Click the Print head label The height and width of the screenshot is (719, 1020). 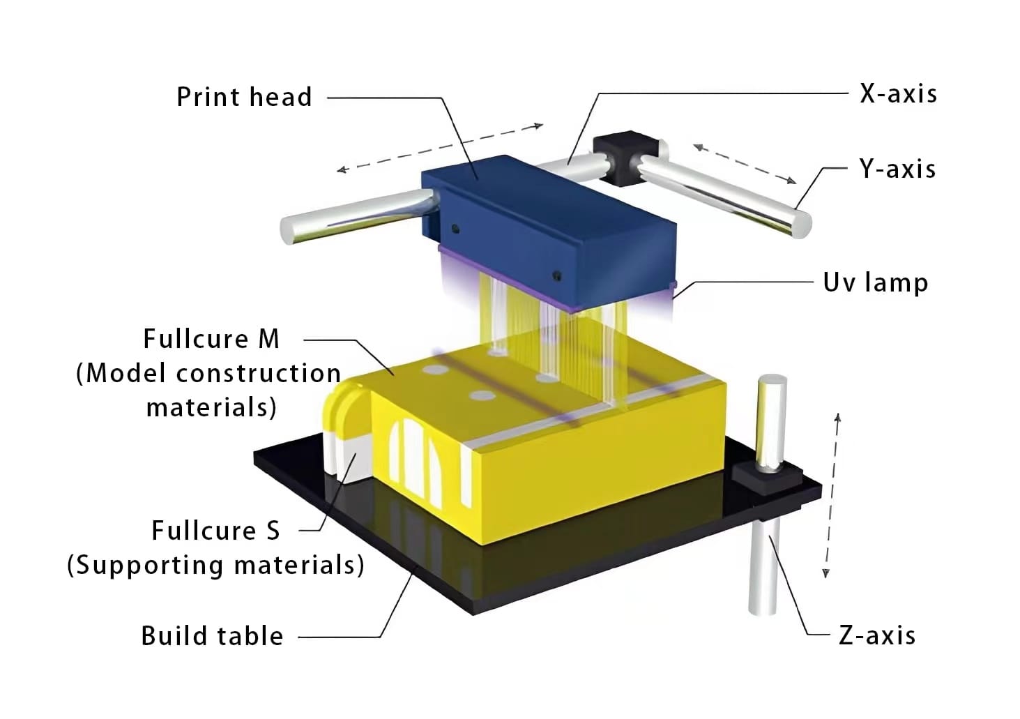tap(243, 97)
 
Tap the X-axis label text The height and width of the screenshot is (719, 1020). tap(898, 93)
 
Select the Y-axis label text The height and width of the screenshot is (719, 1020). tap(897, 169)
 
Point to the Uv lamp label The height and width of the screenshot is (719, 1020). tap(875, 282)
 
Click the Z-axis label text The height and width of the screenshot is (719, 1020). tap(877, 635)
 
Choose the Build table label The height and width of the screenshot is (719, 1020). tap(212, 636)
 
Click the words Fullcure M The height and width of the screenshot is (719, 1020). tap(211, 339)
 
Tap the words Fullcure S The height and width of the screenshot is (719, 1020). tap(215, 531)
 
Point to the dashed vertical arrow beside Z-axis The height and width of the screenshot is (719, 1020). tap(832, 495)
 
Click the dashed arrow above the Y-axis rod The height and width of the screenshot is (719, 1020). tap(745, 163)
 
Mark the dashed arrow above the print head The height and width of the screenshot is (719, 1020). tap(439, 147)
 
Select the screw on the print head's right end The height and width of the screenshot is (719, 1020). tap(556, 275)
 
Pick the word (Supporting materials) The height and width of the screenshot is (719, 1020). tap(215, 565)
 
